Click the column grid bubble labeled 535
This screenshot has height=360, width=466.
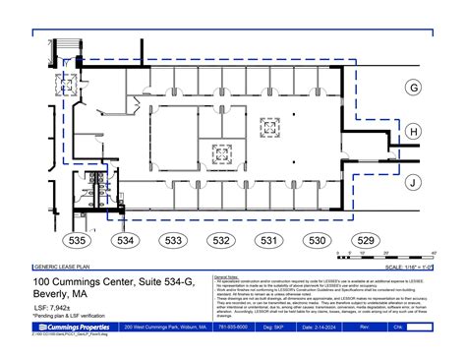pyautogui.click(x=78, y=240)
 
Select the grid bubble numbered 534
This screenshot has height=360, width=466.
pyautogui.click(x=125, y=240)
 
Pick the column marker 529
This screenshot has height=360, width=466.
pyautogui.click(x=365, y=240)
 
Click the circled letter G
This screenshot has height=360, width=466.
pyautogui.click(x=414, y=88)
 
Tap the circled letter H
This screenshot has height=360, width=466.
pyautogui.click(x=414, y=132)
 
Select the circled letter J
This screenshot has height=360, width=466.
pyautogui.click(x=414, y=182)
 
